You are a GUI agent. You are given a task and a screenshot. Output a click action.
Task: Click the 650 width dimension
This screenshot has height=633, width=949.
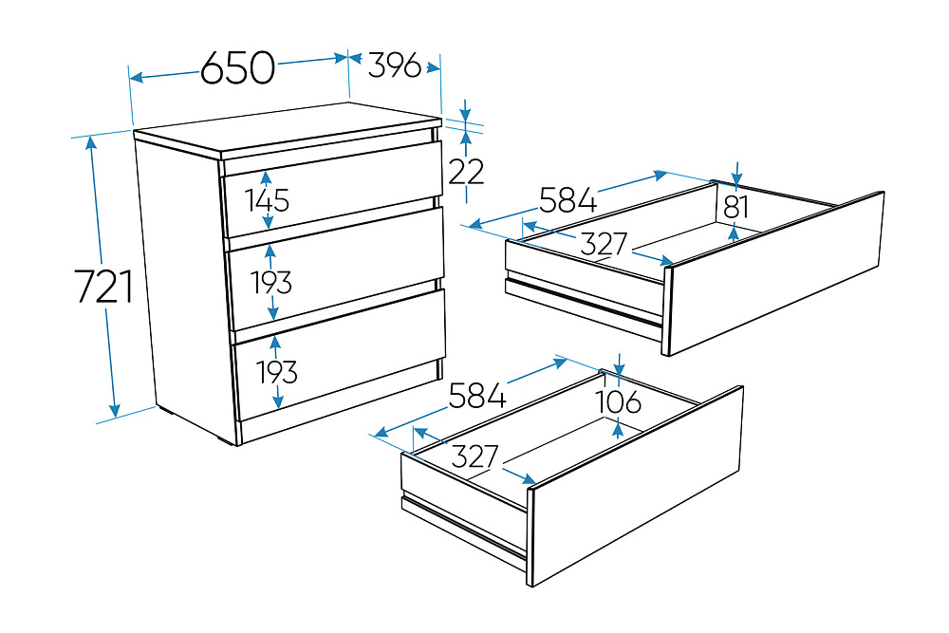point(238,67)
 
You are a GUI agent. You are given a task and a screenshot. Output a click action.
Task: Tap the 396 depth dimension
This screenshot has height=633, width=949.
point(394,65)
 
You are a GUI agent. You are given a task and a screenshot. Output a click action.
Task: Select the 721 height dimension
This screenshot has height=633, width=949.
point(104,287)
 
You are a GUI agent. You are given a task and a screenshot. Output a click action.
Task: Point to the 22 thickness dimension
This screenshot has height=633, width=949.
point(466,172)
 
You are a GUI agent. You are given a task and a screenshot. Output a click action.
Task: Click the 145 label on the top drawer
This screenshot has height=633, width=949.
point(268,200)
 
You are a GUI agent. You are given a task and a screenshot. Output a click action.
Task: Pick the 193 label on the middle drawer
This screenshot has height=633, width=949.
point(271,282)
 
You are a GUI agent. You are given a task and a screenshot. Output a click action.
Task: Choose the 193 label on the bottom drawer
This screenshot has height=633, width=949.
point(276,372)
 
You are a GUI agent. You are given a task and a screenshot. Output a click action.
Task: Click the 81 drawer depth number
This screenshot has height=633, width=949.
point(736,207)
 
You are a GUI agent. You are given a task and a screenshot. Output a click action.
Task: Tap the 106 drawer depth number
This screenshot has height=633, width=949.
point(618,401)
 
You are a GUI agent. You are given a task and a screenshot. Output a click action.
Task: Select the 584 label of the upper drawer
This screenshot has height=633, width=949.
point(568,200)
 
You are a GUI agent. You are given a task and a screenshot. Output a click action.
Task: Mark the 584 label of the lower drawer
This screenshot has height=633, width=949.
point(477,396)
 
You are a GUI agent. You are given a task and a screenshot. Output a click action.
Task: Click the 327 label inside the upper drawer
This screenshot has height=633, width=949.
point(604,244)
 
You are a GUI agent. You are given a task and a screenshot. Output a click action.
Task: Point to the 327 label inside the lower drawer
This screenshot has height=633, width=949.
point(475,456)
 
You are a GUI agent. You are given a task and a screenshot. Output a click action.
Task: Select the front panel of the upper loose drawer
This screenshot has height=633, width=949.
point(774,273)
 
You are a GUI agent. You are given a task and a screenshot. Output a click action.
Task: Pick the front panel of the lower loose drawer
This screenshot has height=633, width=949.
point(637,486)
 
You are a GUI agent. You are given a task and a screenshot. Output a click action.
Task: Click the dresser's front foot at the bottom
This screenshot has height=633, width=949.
point(225,440)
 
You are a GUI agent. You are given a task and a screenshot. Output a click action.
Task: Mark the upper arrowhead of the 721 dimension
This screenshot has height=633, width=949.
point(91,142)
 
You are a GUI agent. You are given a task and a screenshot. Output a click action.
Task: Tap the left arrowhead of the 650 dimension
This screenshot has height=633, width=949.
point(136,78)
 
